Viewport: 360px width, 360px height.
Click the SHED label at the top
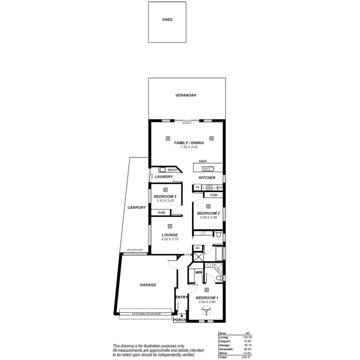pyautogui.click(x=167, y=20)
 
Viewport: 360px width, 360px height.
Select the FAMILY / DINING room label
pyautogui.click(x=189, y=143)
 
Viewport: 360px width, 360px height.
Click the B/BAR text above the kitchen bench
pyautogui.click(x=196, y=162)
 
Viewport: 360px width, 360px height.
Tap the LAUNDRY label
pyautogui.click(x=164, y=177)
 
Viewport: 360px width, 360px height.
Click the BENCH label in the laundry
pyautogui.click(x=173, y=170)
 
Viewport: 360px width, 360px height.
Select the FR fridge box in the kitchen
pyautogui.click(x=197, y=188)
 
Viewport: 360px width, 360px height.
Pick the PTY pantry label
pyautogui.click(x=220, y=188)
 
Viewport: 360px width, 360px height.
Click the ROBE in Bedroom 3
pyautogui.click(x=162, y=213)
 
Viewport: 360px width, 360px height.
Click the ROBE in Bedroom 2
pyautogui.click(x=214, y=195)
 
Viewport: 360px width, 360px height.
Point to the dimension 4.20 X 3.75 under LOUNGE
pyautogui.click(x=169, y=239)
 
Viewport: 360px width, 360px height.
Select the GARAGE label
pyautogui.click(x=148, y=285)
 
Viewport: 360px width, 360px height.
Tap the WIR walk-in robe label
pyautogui.click(x=198, y=273)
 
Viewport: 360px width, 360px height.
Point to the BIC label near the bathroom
pyautogui.click(x=197, y=248)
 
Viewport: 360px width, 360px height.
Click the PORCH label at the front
pyautogui.click(x=179, y=320)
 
